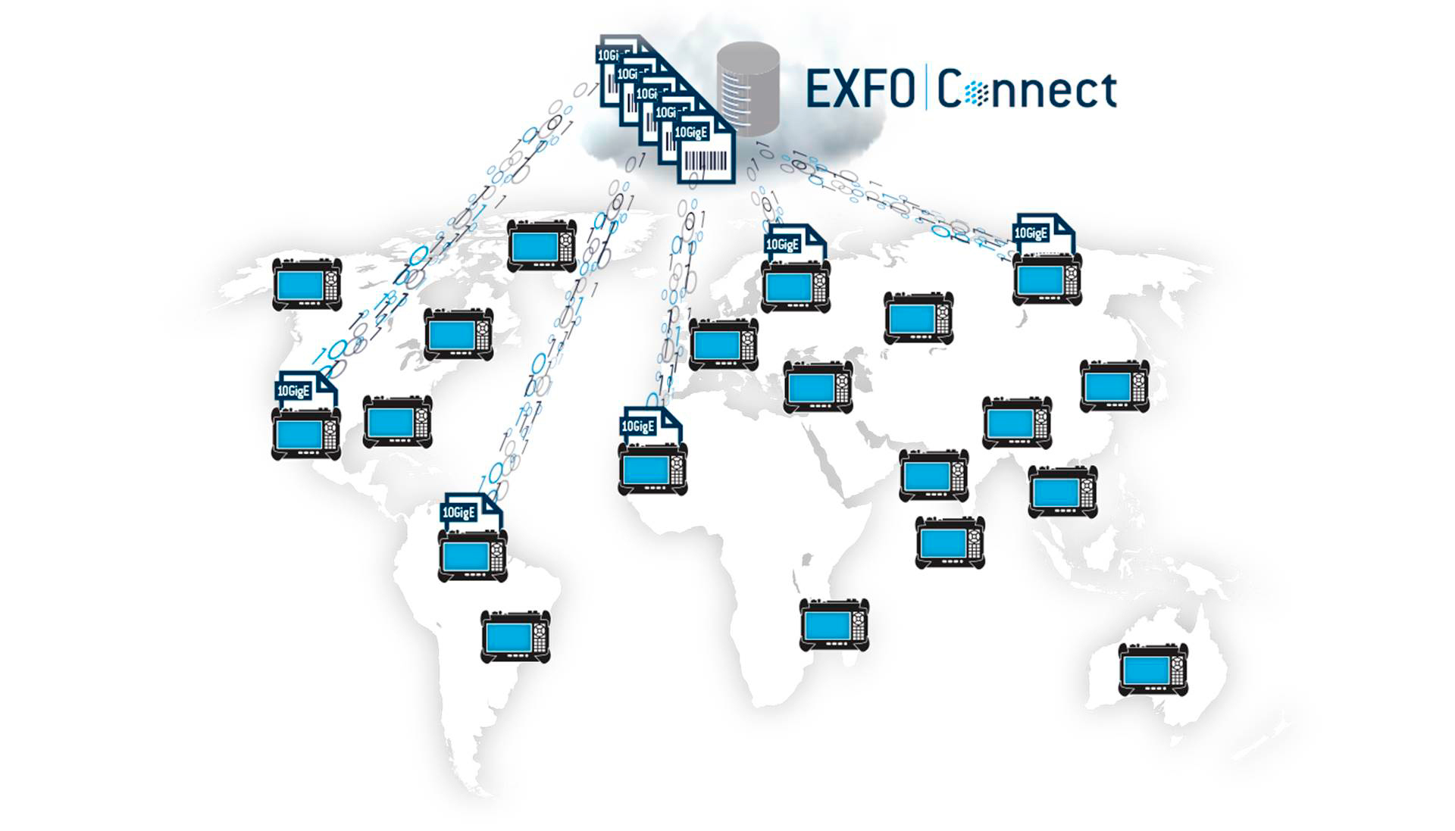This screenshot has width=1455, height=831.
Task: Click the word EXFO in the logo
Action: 860,89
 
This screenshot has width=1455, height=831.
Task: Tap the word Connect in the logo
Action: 1027,90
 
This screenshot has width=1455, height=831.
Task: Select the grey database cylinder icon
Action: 749,89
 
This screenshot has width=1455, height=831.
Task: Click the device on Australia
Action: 1153,670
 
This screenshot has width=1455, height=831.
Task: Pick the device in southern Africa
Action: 834,625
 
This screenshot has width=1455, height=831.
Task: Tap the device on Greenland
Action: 541,245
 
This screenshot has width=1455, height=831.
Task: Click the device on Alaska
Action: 307,284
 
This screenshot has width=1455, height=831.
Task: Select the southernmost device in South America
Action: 515,637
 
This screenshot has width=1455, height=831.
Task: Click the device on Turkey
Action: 818,387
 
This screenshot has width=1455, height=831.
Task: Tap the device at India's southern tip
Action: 950,542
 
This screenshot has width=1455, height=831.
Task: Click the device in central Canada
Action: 458,334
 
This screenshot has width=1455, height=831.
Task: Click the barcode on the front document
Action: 706,161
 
